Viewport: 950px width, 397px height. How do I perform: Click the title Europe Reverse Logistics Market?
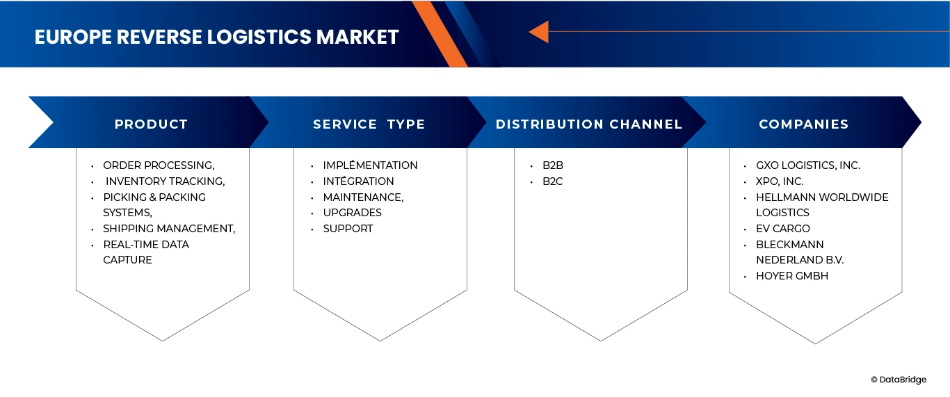point(216,37)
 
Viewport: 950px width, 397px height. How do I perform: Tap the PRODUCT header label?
point(151,124)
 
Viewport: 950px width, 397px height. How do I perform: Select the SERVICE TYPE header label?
point(369,124)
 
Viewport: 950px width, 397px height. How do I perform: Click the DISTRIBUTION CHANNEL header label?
point(589,124)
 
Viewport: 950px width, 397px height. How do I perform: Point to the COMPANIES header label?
point(803,124)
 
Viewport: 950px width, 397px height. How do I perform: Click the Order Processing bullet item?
point(159,165)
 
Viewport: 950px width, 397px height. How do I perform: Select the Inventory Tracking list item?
point(166,181)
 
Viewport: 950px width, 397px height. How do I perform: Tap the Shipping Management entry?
point(169,229)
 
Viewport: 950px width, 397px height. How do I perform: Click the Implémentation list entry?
point(370,165)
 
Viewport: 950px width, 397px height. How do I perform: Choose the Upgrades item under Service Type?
point(352,213)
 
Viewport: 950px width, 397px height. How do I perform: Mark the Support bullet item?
point(348,229)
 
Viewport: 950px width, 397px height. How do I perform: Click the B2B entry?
point(553,165)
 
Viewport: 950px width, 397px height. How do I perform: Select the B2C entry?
point(553,181)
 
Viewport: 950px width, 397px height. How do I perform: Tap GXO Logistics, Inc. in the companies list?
point(808,165)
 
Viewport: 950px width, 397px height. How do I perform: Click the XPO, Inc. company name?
point(780,181)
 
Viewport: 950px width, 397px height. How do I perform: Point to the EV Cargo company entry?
point(783,229)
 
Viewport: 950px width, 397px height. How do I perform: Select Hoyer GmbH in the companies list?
point(792,276)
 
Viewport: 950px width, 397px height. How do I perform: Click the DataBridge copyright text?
point(899,380)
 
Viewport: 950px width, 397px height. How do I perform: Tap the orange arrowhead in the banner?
point(539,31)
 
